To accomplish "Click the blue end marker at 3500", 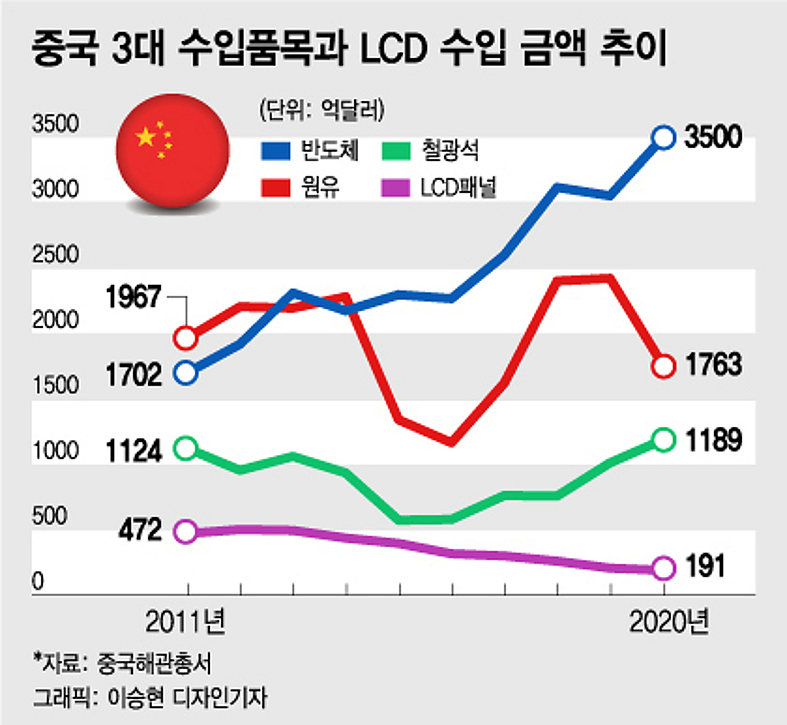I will point(664,137).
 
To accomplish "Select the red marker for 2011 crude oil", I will point(186,338).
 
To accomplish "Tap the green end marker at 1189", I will point(664,440).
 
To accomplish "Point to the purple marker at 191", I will point(664,568).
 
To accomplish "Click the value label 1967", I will point(133,298).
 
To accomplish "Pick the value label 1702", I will point(133,375).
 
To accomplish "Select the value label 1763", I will point(714,365).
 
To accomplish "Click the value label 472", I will point(140,530).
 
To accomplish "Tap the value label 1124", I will point(133,452).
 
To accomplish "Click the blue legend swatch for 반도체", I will point(275,151).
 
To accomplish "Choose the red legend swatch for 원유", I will point(275,189).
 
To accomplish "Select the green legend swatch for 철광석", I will point(395,151).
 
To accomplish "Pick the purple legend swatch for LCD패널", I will point(395,189).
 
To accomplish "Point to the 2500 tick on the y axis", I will point(56,254).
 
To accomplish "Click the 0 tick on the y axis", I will point(38,581).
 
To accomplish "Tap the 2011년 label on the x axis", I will point(186,622).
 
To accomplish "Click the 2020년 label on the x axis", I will point(669,622).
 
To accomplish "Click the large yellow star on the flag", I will point(146,137).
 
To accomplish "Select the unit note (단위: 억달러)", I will point(321,109).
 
